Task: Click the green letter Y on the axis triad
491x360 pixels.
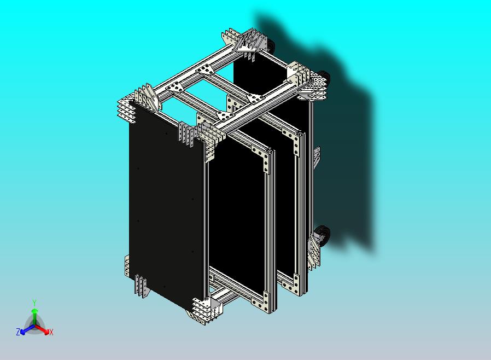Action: [x=34, y=303]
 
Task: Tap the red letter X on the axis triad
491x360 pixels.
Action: [x=51, y=332]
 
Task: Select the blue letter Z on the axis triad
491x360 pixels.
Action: [x=18, y=332]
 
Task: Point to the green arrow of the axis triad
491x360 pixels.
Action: [x=35, y=317]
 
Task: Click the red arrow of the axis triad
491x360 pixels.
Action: [x=42, y=329]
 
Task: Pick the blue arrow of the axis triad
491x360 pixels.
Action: [x=27, y=329]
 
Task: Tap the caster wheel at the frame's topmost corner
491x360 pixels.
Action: [x=270, y=47]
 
